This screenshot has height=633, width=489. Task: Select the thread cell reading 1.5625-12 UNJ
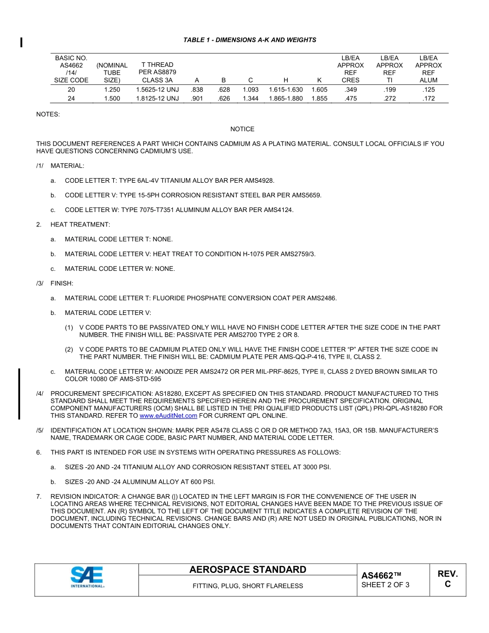(x=158, y=90)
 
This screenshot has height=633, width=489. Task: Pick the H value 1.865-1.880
(x=286, y=99)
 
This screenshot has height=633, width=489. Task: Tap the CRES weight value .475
(x=351, y=99)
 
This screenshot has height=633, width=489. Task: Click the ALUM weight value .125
(x=428, y=90)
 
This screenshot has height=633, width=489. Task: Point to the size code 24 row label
(x=71, y=99)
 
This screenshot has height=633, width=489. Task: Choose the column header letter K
(x=319, y=80)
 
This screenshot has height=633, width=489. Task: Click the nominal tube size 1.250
(x=112, y=90)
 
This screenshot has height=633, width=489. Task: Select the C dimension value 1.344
(x=250, y=99)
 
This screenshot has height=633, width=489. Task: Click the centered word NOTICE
(x=242, y=129)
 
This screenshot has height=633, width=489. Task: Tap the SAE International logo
(x=87, y=577)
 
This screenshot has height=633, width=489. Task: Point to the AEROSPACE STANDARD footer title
(x=248, y=570)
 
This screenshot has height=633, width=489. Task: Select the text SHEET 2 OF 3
(x=386, y=585)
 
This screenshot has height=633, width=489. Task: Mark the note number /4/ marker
(x=40, y=394)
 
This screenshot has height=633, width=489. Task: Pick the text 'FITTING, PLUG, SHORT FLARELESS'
(x=248, y=586)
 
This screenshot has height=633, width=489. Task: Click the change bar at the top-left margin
(x=21, y=42)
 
